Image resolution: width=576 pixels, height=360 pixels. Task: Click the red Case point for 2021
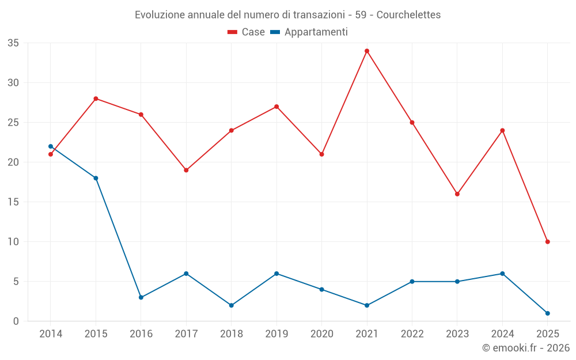(367, 51)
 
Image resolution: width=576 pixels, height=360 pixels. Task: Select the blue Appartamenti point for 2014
(51, 146)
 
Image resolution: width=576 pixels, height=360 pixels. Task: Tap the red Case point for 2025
(547, 242)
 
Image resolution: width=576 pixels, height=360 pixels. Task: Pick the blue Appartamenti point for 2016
(141, 297)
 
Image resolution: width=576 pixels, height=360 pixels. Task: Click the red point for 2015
(96, 98)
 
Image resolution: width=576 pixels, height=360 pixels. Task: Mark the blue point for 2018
(232, 305)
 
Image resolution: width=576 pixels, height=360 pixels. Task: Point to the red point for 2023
(457, 194)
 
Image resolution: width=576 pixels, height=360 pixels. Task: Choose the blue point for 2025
(547, 313)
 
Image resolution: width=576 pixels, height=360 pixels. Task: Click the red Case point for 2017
(186, 170)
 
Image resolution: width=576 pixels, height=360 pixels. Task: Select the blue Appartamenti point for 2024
(502, 274)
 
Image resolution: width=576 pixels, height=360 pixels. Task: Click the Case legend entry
(247, 32)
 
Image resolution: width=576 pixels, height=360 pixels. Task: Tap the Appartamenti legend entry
(309, 32)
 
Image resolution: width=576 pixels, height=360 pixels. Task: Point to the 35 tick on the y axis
(13, 43)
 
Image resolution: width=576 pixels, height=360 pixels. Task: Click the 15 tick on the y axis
(13, 202)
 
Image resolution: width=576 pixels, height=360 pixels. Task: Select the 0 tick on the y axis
(16, 321)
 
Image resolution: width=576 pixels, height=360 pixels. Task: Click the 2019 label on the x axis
(276, 334)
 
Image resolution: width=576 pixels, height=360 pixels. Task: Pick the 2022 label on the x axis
(412, 334)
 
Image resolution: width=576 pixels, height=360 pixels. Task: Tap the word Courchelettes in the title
(408, 14)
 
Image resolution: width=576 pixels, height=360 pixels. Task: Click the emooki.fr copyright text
(525, 348)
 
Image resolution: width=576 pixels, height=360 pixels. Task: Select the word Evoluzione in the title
(160, 14)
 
